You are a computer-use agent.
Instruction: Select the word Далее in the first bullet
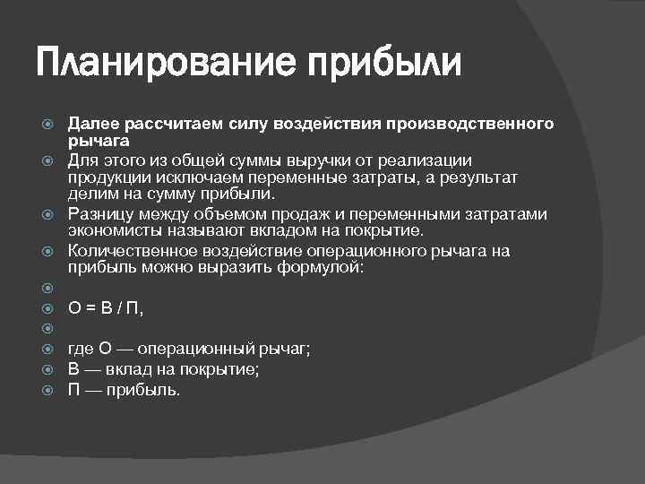(92, 123)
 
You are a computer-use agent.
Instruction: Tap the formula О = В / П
(106, 309)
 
